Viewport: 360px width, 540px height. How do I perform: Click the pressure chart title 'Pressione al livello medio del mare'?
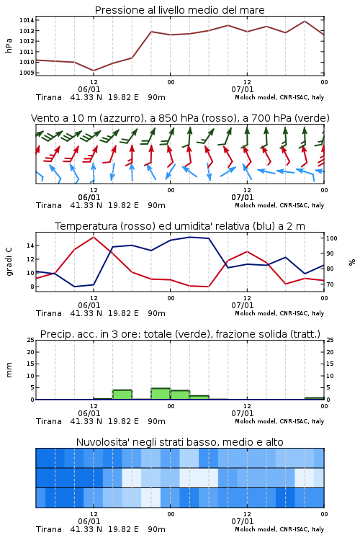[x=179, y=10]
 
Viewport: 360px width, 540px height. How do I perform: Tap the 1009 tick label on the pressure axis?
[x=27, y=73]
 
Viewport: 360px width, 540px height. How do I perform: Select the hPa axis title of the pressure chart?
[x=9, y=45]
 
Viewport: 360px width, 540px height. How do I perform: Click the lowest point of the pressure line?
[x=94, y=71]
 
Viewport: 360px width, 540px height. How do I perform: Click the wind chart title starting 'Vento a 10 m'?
[x=180, y=118]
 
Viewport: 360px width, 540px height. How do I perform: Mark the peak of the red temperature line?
[x=94, y=237]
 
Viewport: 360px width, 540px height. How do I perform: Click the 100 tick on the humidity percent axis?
[x=332, y=238]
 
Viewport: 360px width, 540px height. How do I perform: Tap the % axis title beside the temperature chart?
[x=352, y=262]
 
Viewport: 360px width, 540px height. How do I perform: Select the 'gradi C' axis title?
[x=9, y=261]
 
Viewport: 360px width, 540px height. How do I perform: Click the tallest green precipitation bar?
[x=161, y=394]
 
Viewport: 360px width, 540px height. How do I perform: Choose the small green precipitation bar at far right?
[x=314, y=398]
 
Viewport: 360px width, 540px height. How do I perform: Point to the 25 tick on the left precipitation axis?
[x=30, y=340]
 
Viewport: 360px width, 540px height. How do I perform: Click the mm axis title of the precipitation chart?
[x=9, y=369]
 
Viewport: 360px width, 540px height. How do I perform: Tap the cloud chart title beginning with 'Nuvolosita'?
[x=179, y=442]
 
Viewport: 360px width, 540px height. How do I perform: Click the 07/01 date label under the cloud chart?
[x=243, y=521]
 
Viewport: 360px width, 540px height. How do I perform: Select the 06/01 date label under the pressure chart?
[x=89, y=89]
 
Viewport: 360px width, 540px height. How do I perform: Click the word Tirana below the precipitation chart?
[x=49, y=421]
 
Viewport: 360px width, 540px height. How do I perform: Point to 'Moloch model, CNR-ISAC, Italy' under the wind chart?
[x=279, y=205]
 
